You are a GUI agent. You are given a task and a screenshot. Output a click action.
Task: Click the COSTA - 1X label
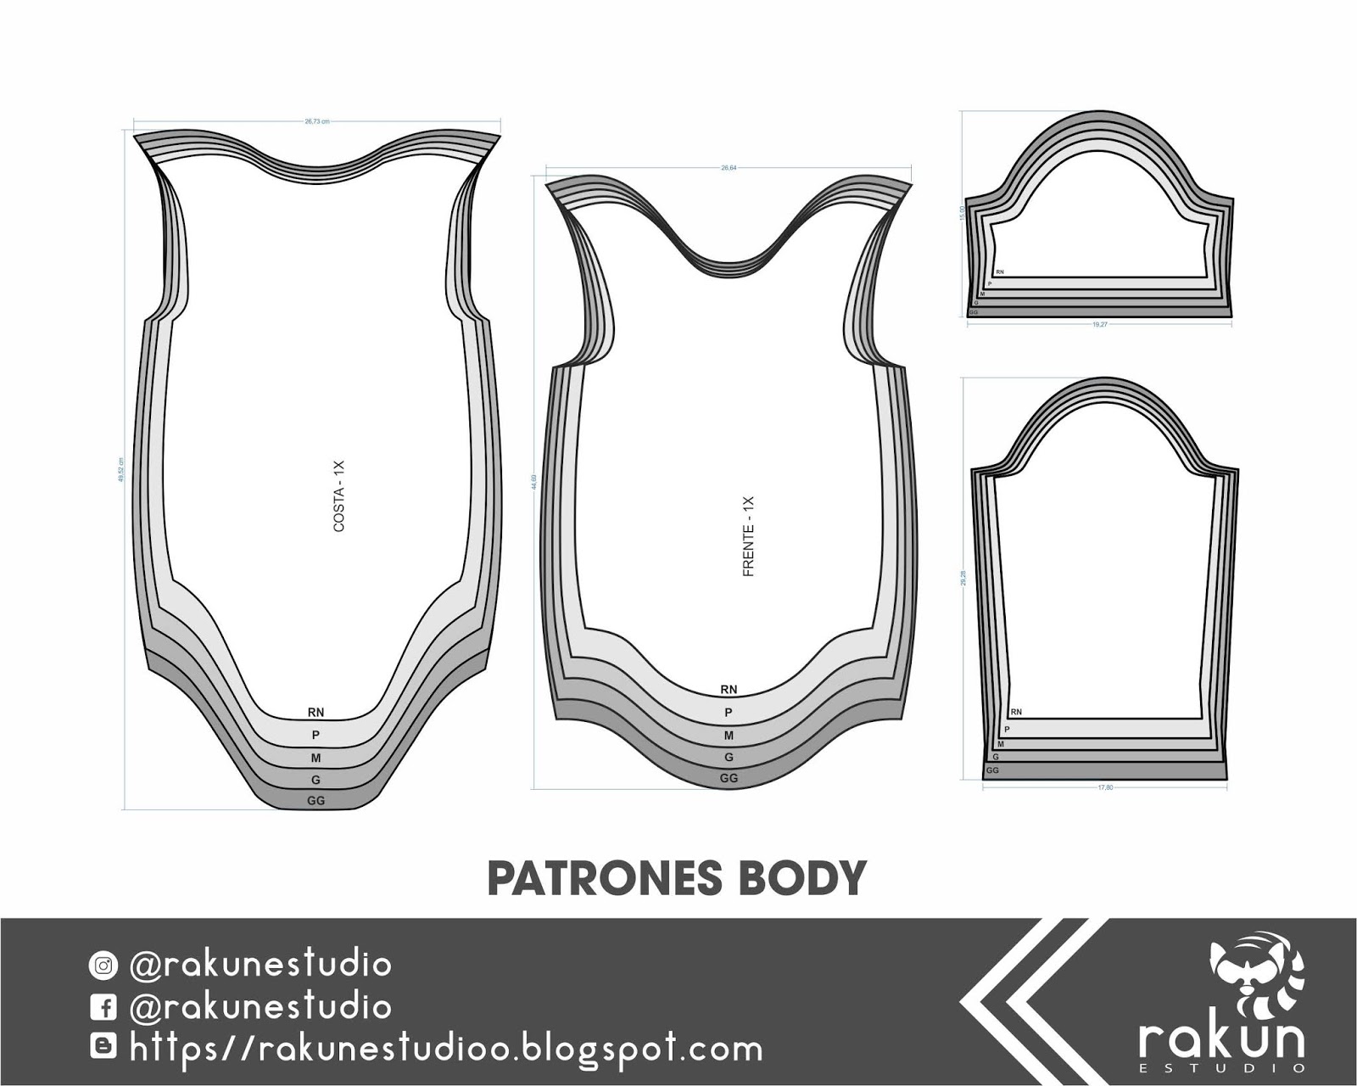pos(339,496)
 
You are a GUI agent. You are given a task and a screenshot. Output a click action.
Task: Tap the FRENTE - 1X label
pos(748,537)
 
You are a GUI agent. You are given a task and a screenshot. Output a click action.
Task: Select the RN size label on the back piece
pos(316,713)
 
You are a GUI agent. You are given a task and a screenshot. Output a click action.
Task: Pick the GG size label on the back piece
pos(316,800)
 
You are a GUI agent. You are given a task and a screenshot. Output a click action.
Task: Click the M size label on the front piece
pos(729,736)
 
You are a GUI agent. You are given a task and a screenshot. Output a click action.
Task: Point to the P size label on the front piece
pos(729,713)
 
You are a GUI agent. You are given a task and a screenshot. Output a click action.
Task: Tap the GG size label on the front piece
pos(729,778)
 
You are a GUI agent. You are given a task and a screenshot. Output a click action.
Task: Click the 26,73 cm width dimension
pos(317,121)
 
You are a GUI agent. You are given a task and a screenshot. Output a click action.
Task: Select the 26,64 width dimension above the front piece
pos(729,168)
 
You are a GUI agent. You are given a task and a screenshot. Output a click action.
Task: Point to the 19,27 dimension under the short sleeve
pos(1100,324)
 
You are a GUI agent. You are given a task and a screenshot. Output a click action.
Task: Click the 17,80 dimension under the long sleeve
pos(1105,787)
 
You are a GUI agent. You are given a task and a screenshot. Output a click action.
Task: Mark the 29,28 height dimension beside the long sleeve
pos(963,577)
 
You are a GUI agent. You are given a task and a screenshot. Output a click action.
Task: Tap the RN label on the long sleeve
pos(1016,712)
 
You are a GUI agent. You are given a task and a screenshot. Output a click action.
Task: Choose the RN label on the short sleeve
pos(1000,272)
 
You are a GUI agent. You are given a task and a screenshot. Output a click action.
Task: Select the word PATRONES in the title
pos(594,879)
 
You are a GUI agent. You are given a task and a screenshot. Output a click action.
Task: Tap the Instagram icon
pos(103,966)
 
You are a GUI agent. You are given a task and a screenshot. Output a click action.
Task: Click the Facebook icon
pos(103,1007)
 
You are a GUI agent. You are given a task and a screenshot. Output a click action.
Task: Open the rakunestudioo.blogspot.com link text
pos(446,1049)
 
